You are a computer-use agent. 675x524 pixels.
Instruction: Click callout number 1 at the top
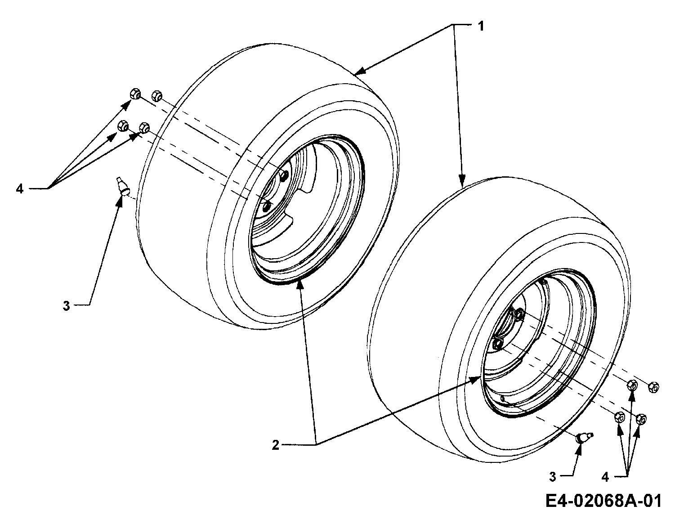[x=481, y=27]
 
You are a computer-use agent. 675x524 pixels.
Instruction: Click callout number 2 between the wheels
[x=276, y=445]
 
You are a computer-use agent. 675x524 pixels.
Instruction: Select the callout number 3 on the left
[x=67, y=306]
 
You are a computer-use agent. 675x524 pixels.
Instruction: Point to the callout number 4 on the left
[x=20, y=188]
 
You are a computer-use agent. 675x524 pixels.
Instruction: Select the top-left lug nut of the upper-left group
[x=135, y=93]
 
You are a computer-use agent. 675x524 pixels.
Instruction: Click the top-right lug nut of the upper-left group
[x=157, y=95]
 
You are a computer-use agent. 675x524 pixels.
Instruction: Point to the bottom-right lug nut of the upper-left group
[x=144, y=127]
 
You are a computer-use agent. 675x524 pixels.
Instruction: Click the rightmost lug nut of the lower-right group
[x=654, y=387]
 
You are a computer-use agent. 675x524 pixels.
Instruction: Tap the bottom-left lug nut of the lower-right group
[x=620, y=417]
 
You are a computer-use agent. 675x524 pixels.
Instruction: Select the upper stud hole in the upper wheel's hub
[x=284, y=175]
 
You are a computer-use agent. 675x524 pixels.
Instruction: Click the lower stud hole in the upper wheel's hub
[x=267, y=206]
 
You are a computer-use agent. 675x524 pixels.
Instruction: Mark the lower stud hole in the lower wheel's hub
[x=497, y=343]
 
